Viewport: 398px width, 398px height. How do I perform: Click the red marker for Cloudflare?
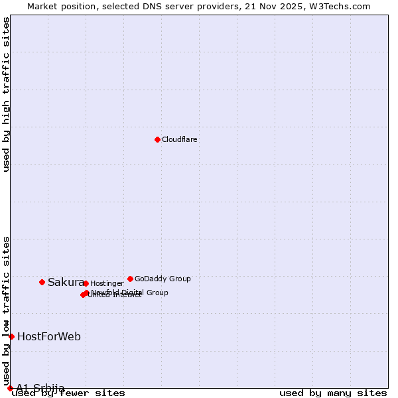tap(157, 139)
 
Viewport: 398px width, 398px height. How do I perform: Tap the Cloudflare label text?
tap(180, 140)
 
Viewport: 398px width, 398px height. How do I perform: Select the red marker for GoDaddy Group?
tap(130, 279)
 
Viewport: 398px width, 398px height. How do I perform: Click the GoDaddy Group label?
tap(163, 279)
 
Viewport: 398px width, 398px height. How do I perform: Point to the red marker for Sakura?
tap(42, 282)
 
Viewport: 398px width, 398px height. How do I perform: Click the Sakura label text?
tap(66, 283)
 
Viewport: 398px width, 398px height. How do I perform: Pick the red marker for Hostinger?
tap(86, 283)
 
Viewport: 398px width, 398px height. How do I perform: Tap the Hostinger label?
tap(107, 284)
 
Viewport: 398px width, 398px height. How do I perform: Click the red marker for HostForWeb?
tap(11, 336)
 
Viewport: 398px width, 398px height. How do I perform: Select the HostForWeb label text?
tap(49, 337)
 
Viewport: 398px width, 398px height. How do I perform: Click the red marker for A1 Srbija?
tap(10, 388)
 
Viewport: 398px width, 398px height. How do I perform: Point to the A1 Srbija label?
tap(40, 388)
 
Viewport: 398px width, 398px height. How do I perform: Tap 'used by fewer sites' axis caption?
tap(68, 393)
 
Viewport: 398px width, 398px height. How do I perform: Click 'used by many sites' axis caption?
tap(333, 393)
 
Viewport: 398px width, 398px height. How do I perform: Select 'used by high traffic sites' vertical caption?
tap(7, 94)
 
